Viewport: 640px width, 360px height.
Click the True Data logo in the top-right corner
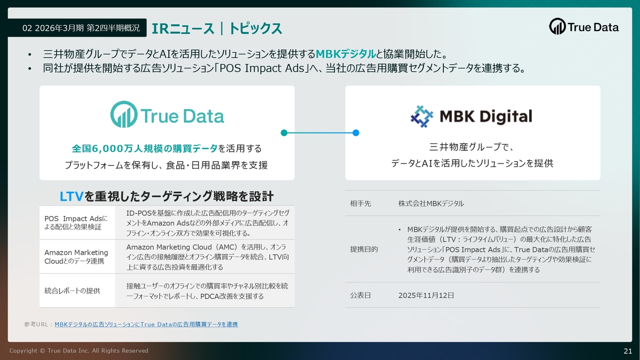pos(583,26)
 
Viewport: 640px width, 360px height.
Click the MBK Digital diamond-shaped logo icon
pos(421,116)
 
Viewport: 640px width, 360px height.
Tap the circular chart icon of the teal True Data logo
pos(123,114)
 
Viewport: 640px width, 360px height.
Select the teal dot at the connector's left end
pos(284,133)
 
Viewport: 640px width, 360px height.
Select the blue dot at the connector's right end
pos(355,133)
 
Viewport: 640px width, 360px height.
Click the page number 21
pos(627,351)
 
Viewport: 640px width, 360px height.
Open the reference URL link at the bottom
pos(146,324)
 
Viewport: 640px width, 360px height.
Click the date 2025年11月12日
pos(426,295)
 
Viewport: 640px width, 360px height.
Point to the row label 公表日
pos(360,295)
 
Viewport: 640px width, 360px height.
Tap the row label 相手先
pos(360,203)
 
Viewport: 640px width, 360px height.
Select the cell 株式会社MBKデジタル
pos(431,203)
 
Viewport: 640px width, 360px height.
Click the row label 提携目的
pos(363,249)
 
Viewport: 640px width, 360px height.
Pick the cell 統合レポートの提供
pos(72,291)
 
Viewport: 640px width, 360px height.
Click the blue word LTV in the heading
pos(71,196)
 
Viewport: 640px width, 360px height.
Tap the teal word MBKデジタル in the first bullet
pos(345,53)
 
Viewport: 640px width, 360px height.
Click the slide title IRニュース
pos(183,28)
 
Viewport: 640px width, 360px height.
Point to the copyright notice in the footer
pos(79,350)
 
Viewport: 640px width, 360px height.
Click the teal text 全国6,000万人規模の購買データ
pos(144,148)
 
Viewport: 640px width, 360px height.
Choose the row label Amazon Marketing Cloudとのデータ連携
pos(76,256)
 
